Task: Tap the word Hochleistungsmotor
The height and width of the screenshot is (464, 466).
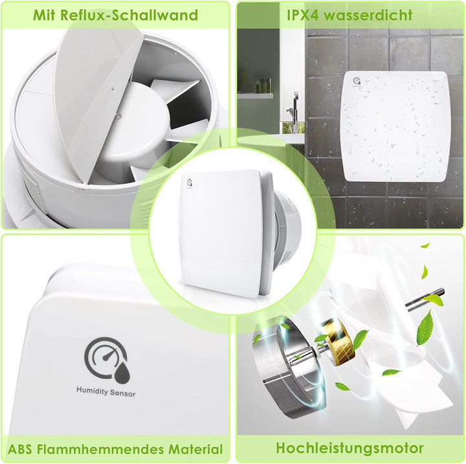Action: tap(349, 448)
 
